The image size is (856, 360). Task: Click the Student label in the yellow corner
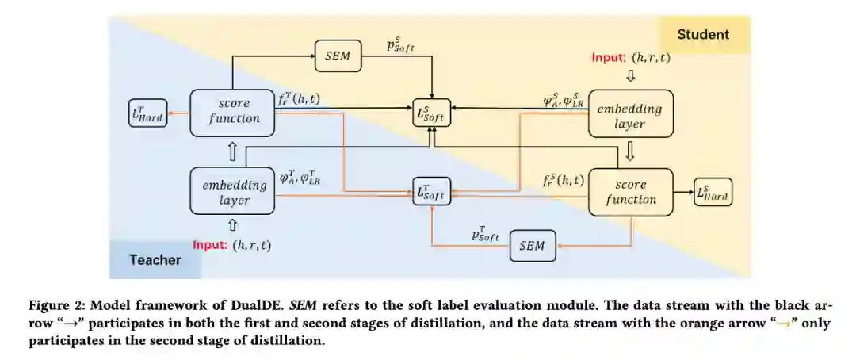pyautogui.click(x=703, y=35)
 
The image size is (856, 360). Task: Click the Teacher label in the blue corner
pyautogui.click(x=155, y=259)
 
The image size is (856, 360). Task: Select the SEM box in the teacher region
pyautogui.click(x=338, y=56)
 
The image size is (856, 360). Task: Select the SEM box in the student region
pyautogui.click(x=531, y=246)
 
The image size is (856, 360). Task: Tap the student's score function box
pyautogui.click(x=631, y=192)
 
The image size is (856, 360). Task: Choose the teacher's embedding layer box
pyautogui.click(x=233, y=193)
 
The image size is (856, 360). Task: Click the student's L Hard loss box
pyautogui.click(x=713, y=193)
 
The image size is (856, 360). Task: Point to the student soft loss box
pyautogui.click(x=431, y=114)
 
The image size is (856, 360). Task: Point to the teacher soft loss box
pyautogui.click(x=431, y=192)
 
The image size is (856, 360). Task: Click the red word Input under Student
pyautogui.click(x=610, y=58)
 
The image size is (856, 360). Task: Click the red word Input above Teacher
pyautogui.click(x=211, y=245)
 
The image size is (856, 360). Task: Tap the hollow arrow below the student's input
pyautogui.click(x=631, y=77)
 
